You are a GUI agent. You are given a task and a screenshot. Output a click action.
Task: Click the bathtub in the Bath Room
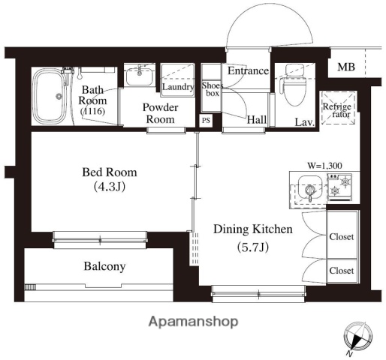coord(48,96)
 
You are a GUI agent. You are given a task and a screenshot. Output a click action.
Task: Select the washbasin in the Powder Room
coord(140,75)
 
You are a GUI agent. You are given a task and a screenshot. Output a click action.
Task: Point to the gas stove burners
coord(340,187)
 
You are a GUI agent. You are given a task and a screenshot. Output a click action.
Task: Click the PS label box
coord(206,121)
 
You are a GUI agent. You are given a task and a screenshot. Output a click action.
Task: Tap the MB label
coord(346,67)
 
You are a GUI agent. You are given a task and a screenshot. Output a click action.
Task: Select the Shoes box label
coord(213,89)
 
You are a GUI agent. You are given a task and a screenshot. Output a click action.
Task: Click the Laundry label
coord(178,87)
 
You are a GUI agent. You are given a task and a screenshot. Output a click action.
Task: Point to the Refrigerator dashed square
coord(339,108)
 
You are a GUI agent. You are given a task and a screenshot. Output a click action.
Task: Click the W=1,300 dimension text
coord(324,166)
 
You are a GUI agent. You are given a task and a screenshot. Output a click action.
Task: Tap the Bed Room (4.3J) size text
coord(110,187)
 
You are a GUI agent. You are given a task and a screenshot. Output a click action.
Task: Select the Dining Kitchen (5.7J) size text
coord(253,247)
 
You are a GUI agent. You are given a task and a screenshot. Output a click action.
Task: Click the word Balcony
coord(104,266)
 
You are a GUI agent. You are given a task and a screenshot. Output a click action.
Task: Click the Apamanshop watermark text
coord(193,322)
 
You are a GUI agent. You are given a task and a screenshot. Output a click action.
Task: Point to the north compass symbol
coord(358,337)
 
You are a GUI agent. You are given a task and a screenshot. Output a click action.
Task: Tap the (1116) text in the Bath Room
coord(92,111)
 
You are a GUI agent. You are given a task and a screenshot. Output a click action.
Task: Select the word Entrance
coord(248,71)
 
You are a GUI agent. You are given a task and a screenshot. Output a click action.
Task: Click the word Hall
coord(257,120)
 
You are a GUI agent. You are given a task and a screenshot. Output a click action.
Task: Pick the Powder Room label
coord(161,113)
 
